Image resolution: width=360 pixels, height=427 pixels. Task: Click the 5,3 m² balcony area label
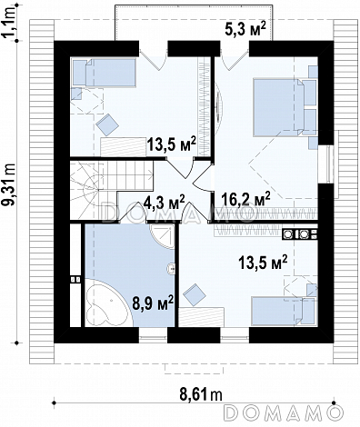[x=245, y=30]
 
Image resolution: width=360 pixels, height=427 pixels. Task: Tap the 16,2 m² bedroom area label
[x=245, y=199]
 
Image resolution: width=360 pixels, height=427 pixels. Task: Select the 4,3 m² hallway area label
[x=160, y=202]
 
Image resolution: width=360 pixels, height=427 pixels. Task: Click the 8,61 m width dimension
[x=201, y=394]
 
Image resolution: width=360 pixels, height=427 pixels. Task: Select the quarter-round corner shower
[x=163, y=237]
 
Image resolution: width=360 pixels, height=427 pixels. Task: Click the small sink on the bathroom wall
[x=171, y=268]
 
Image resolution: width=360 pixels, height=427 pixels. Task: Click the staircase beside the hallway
[x=111, y=190]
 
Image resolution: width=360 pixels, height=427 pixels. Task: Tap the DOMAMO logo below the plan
[x=284, y=412]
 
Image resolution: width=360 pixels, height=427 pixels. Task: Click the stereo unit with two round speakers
[x=300, y=234]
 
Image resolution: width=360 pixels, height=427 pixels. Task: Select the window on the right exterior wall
[x=330, y=164]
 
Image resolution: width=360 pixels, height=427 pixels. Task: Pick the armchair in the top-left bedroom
[x=107, y=124]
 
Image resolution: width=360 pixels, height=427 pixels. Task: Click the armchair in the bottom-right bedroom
[x=195, y=294]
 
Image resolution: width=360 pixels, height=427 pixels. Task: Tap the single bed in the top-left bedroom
[x=104, y=73]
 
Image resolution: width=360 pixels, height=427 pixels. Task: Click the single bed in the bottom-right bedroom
[x=284, y=312]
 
